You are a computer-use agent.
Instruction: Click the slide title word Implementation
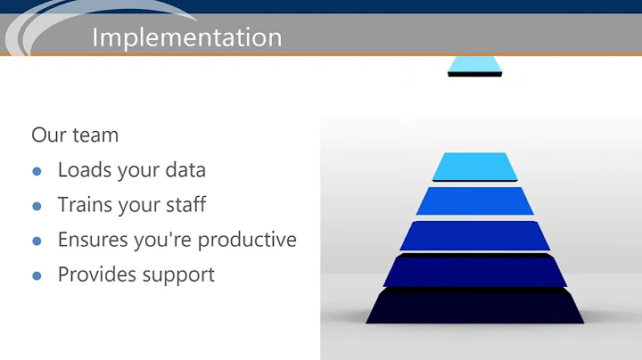[x=186, y=37]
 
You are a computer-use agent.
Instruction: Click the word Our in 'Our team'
[x=47, y=135]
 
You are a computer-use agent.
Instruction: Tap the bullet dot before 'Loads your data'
[x=37, y=171]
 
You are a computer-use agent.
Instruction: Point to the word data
[x=183, y=170]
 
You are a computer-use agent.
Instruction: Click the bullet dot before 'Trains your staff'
[x=37, y=206]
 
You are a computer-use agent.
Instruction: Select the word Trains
[x=84, y=205]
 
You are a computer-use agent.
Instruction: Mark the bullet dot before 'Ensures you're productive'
[x=37, y=241]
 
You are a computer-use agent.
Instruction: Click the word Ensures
[x=91, y=240]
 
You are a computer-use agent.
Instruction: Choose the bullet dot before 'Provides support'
[x=37, y=275]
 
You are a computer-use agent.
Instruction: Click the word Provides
[x=95, y=274]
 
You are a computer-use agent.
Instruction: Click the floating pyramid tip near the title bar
[x=474, y=65]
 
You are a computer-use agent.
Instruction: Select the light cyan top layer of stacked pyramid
[x=474, y=166]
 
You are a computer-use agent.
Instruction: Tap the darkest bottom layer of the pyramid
[x=474, y=307]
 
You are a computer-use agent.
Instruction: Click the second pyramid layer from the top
[x=474, y=200]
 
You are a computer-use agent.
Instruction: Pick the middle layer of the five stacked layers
[x=474, y=235]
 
